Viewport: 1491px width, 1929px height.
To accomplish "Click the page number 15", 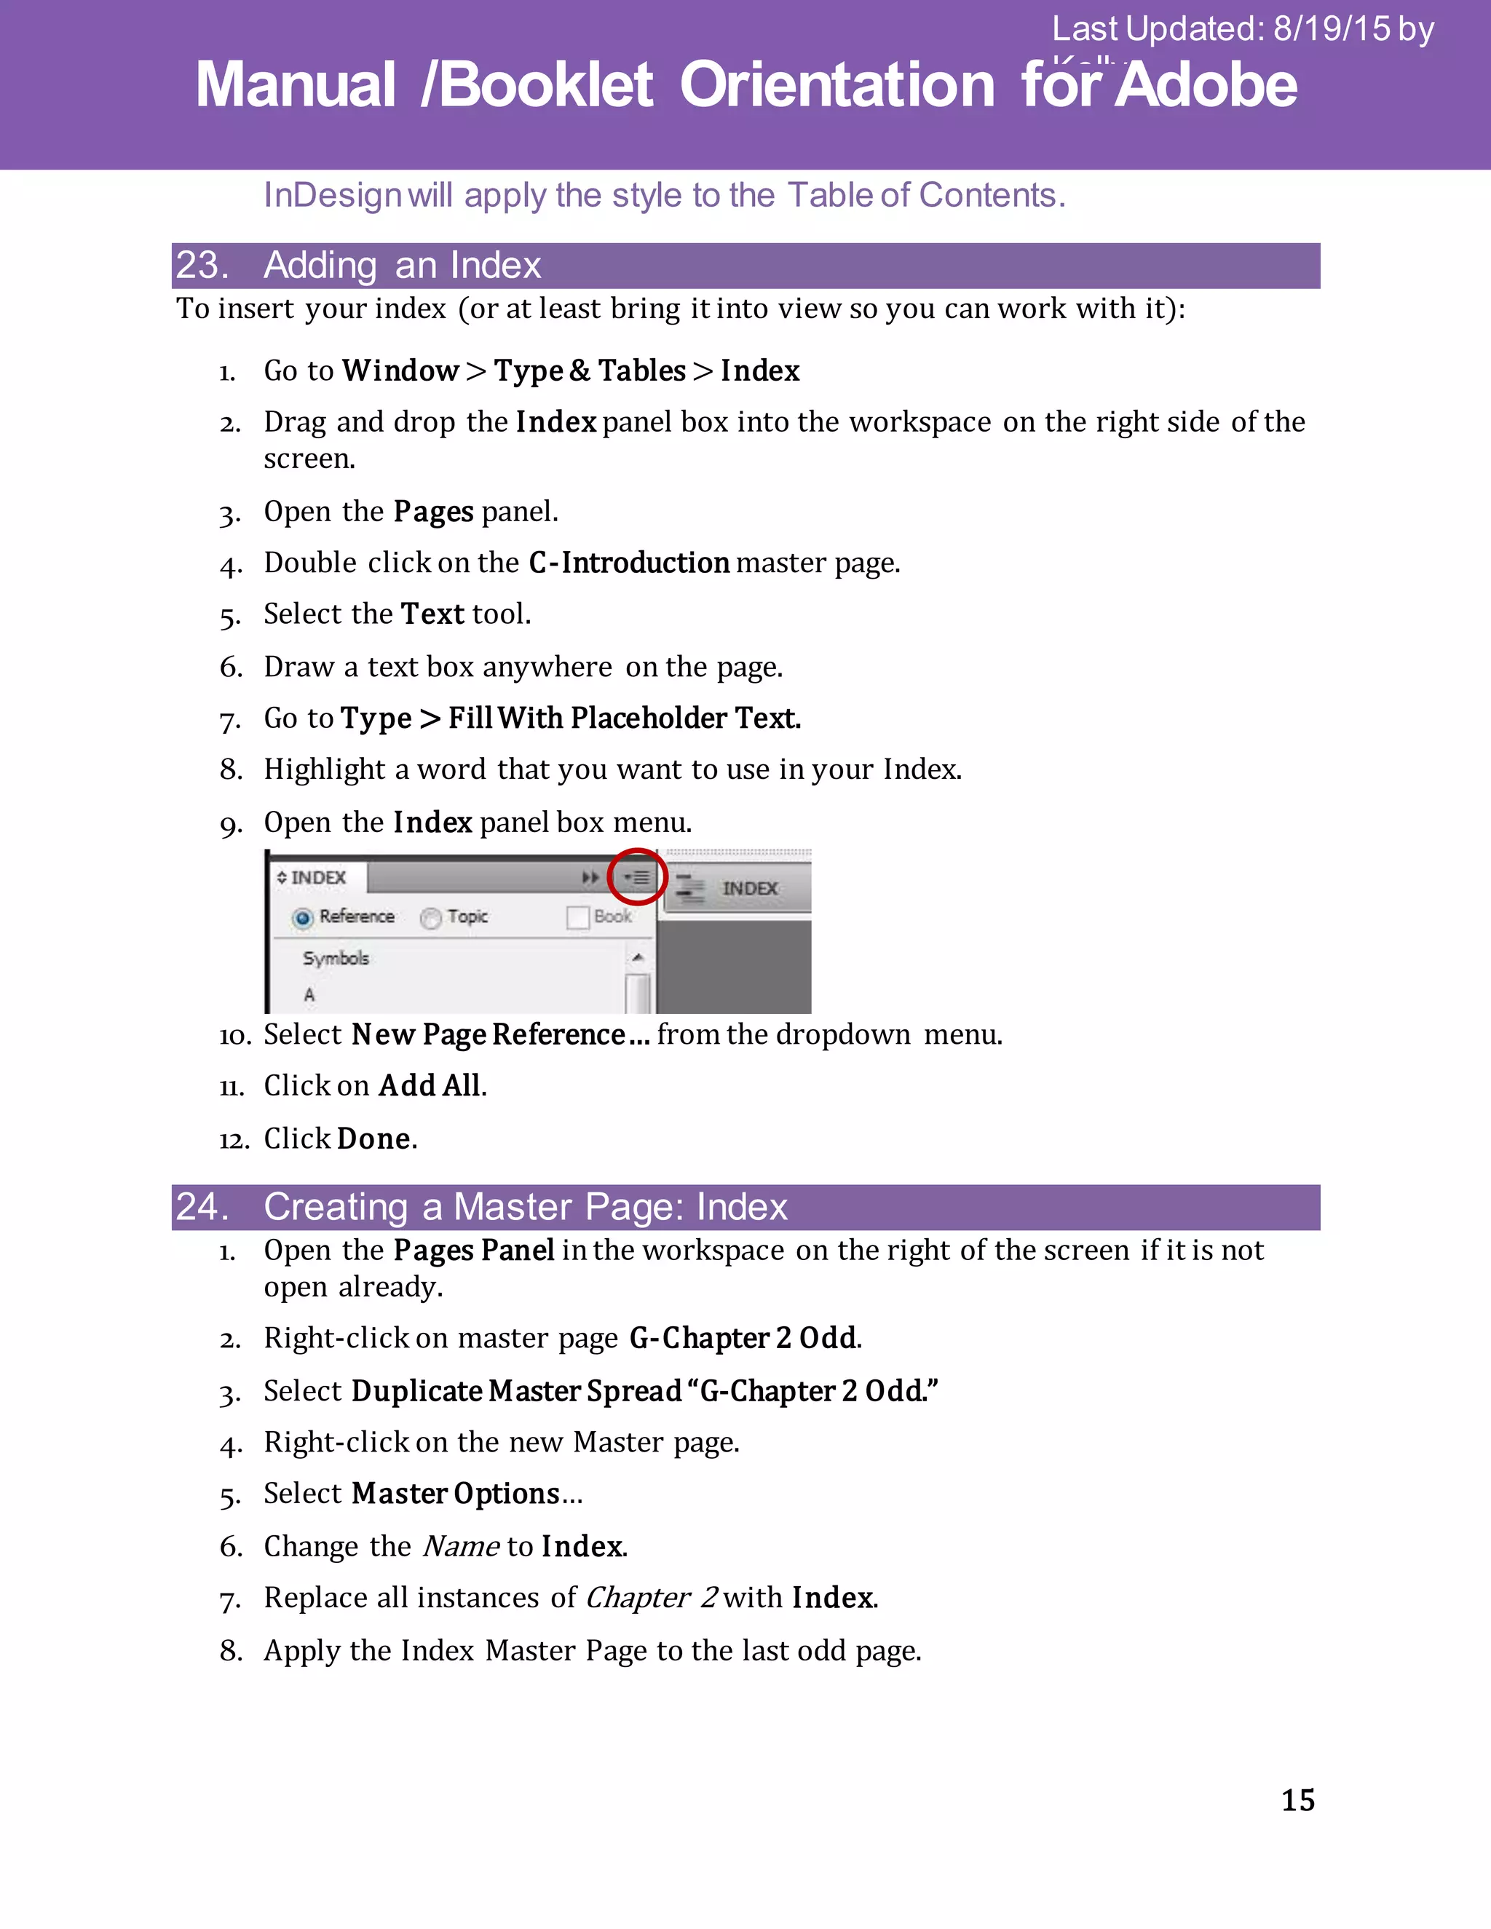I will coord(1297,1800).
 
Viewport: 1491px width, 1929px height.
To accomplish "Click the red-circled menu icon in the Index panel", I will coord(637,877).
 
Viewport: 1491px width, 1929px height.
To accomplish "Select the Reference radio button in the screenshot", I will coord(303,919).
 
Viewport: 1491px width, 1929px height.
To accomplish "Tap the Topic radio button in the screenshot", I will coord(431,919).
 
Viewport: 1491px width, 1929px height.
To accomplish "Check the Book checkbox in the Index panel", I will coord(577,918).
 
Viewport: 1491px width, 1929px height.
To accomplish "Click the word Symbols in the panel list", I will coord(336,959).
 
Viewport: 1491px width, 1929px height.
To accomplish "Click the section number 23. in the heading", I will coord(202,266).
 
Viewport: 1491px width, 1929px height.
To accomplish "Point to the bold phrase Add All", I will coord(431,1085).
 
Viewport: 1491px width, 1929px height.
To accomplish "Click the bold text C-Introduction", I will coord(629,563).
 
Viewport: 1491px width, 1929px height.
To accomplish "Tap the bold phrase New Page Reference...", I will coord(489,1034).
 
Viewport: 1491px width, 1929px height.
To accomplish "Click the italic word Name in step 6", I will coord(461,1547).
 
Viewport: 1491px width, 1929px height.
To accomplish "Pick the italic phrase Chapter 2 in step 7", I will coord(650,1598).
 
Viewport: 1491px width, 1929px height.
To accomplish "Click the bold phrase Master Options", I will coord(456,1494).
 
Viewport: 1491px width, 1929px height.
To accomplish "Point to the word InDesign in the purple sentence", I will coord(333,195).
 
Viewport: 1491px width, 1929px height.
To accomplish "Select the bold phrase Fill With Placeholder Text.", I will coord(624,718).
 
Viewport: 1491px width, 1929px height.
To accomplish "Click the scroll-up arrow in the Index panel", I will coord(638,957).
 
